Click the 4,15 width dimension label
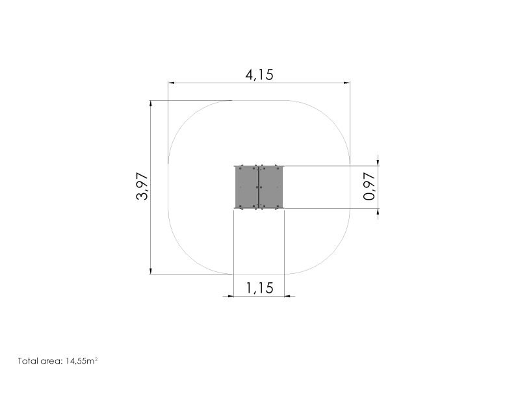click(x=259, y=75)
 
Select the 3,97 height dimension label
click(x=142, y=186)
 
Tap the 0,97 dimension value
click(x=369, y=186)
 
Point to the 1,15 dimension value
click(x=259, y=288)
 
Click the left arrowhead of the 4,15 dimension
click(x=171, y=83)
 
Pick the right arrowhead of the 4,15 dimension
click(x=347, y=83)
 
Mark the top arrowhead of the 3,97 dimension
click(x=151, y=103)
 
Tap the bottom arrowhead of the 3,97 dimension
click(x=151, y=271)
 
